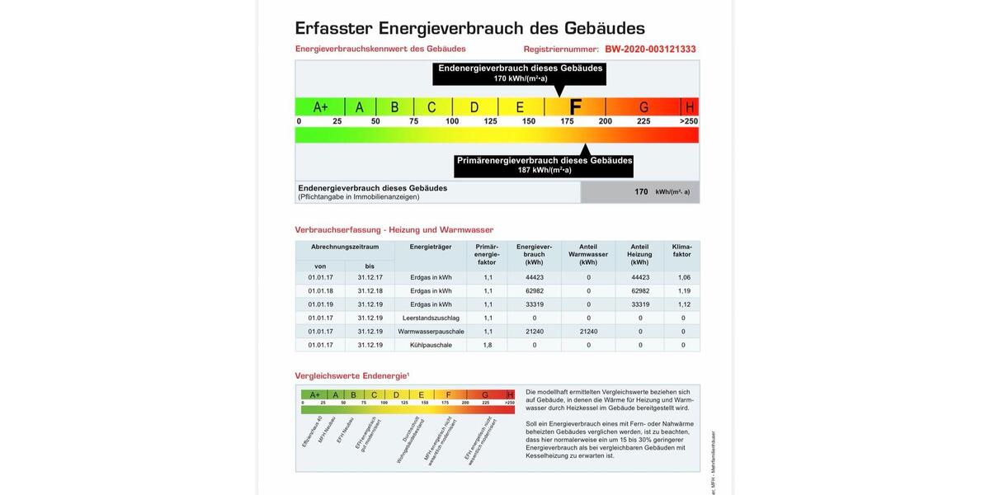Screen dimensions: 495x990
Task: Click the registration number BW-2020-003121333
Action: click(x=650, y=49)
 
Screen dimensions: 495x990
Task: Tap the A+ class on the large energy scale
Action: click(x=321, y=107)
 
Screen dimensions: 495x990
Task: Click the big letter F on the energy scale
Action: click(x=576, y=107)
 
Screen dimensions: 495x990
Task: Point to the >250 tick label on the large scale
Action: click(x=688, y=121)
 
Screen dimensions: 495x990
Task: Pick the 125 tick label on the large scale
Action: click(x=490, y=121)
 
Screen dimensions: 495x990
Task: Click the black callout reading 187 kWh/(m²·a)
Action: click(x=544, y=165)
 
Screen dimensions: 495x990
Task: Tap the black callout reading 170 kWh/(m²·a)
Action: click(x=520, y=73)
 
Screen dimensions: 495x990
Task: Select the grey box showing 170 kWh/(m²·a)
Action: click(x=640, y=191)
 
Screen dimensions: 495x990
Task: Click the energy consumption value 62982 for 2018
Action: click(x=535, y=291)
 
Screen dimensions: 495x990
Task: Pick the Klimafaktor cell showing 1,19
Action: click(x=684, y=291)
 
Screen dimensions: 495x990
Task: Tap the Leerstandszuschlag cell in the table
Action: click(x=431, y=318)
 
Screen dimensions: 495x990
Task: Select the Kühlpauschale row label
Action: click(x=431, y=345)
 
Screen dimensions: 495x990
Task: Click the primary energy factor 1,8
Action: click(x=488, y=345)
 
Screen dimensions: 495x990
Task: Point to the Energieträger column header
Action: click(x=431, y=247)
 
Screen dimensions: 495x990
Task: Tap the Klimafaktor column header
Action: click(x=682, y=251)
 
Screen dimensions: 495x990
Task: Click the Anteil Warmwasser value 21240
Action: click(x=588, y=332)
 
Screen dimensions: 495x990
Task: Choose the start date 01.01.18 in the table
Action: click(x=321, y=291)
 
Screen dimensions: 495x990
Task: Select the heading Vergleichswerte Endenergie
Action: click(x=351, y=376)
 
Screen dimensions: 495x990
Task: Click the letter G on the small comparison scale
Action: click(x=485, y=394)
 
